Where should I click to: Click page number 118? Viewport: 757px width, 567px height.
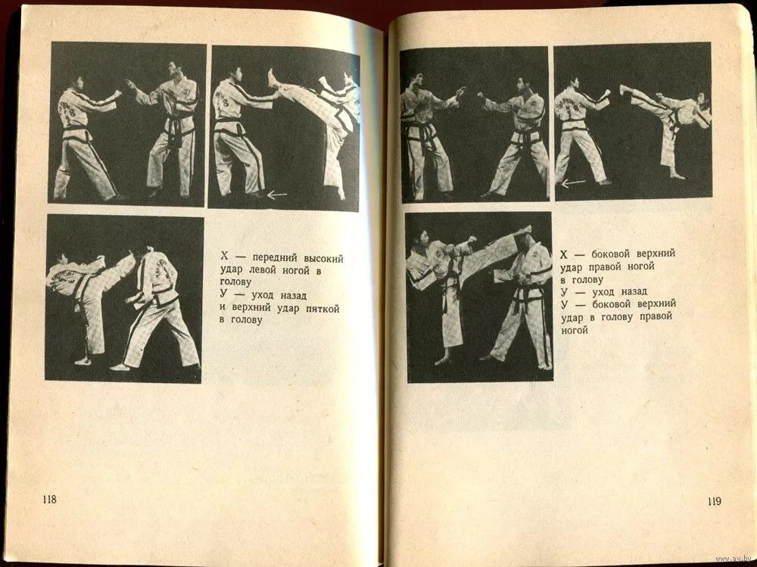coord(49,499)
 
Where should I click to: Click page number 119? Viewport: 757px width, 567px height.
coord(714,501)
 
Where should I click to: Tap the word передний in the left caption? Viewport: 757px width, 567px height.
coord(275,258)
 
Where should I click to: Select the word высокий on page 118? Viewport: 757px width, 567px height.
coord(324,259)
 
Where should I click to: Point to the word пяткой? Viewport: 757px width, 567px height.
coord(322,309)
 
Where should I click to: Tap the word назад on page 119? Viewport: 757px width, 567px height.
coord(633,291)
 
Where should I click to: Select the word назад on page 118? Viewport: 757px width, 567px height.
coord(291,295)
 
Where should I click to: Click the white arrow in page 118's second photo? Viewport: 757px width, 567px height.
coord(276,195)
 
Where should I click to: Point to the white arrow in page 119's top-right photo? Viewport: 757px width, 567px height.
coord(574,182)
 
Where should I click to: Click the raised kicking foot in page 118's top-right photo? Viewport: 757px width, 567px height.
coord(273,78)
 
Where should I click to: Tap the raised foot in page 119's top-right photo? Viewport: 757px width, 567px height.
coord(624,90)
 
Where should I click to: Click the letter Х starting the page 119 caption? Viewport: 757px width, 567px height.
coord(564,254)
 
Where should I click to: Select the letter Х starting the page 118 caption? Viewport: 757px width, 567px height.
coord(225,257)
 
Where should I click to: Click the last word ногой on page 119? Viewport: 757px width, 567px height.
coord(575,331)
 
